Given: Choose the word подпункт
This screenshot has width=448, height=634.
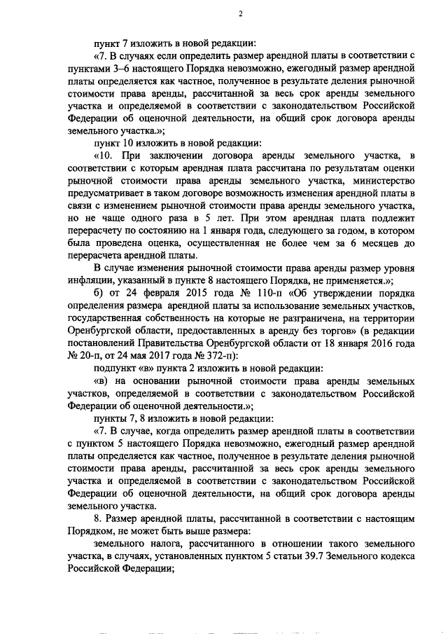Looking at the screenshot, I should click(x=117, y=368).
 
